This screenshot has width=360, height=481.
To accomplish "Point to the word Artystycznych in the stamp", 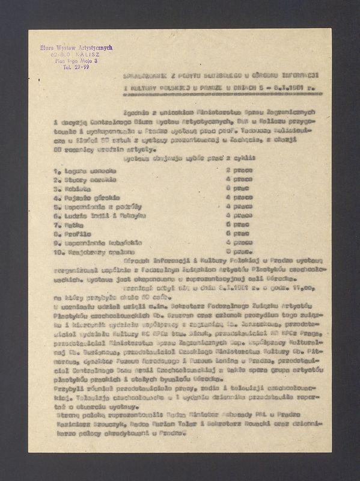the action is [93, 47].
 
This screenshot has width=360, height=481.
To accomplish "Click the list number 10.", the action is [59, 251].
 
